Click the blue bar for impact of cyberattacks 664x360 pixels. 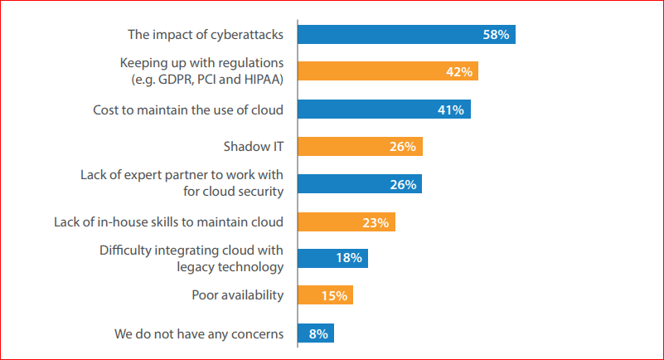pos(406,34)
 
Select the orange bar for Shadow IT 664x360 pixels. pos(360,147)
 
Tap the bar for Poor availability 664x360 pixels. pos(325,295)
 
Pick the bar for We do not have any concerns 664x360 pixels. pos(315,333)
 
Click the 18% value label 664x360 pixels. pos(348,259)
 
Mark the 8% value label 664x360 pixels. pos(318,333)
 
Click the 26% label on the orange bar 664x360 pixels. pos(403,147)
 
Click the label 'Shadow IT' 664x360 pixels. pos(254,147)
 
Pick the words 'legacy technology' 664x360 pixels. pos(231,266)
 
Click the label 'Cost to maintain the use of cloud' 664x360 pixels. pos(187,109)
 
